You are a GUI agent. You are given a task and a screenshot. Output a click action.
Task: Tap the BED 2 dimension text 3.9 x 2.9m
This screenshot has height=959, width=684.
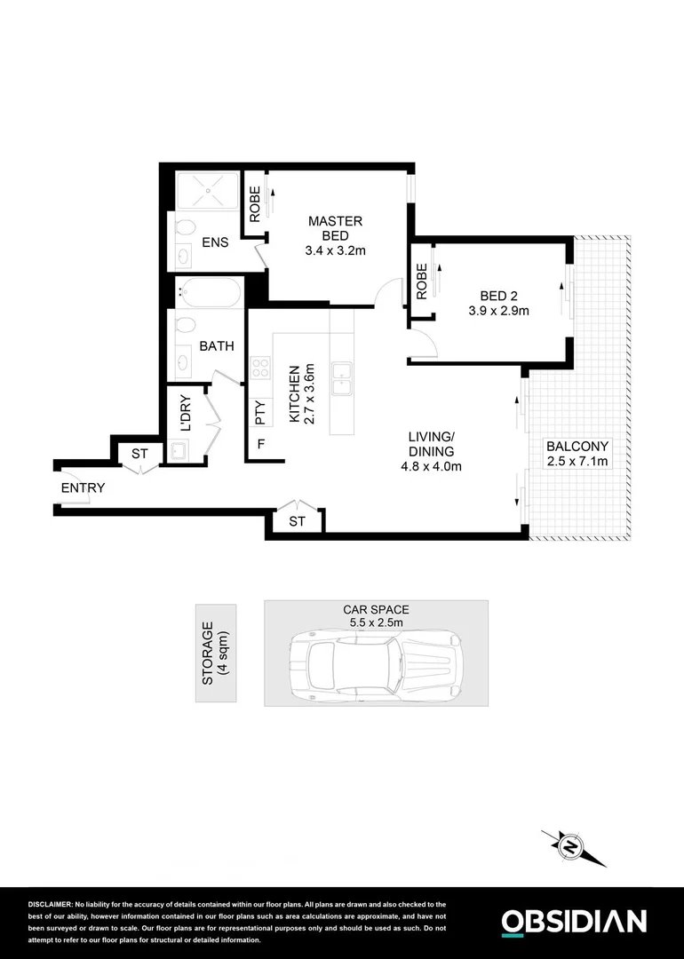(x=498, y=311)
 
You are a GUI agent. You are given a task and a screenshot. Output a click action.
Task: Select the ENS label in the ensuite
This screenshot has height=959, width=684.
(x=214, y=242)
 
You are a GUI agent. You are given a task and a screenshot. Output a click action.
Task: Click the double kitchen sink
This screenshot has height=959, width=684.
(x=341, y=379)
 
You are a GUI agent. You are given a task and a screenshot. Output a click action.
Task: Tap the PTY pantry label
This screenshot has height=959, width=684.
(x=260, y=413)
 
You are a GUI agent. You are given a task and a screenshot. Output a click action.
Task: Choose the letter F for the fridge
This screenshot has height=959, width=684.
(x=261, y=444)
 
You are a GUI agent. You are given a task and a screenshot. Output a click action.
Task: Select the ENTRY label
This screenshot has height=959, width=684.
(x=83, y=488)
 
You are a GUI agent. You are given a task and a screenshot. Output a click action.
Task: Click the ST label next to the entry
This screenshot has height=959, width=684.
(x=139, y=454)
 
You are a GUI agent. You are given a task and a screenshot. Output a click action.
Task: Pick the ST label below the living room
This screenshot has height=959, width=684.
(x=297, y=522)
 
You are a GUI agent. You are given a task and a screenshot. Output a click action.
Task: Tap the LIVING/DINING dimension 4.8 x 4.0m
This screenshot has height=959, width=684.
(x=431, y=466)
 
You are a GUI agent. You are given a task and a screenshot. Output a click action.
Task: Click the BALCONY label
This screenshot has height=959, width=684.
(x=577, y=447)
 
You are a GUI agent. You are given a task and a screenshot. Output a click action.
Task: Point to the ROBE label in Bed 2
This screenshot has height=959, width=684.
(x=422, y=281)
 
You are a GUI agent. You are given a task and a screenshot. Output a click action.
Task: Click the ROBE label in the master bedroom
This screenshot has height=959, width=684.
(x=255, y=204)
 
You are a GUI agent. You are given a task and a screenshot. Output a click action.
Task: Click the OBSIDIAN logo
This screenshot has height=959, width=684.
(x=574, y=921)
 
